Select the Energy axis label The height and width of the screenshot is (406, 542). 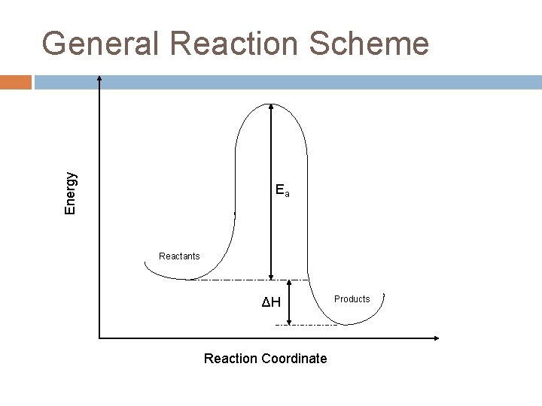click(70, 192)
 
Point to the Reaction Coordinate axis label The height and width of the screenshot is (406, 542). click(265, 359)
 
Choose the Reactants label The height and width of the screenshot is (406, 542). click(179, 256)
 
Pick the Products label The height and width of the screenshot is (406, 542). click(352, 299)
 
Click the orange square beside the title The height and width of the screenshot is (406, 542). click(16, 81)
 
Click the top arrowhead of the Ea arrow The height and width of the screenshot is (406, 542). click(271, 103)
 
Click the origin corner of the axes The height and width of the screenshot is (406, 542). click(99, 337)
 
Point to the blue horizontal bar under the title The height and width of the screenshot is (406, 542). click(286, 81)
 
